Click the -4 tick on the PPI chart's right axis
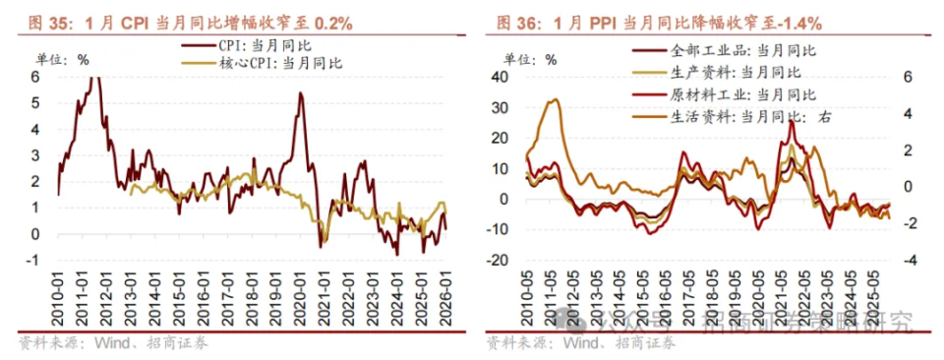[x=909, y=261]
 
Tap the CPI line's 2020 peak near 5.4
[x=300, y=93]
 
